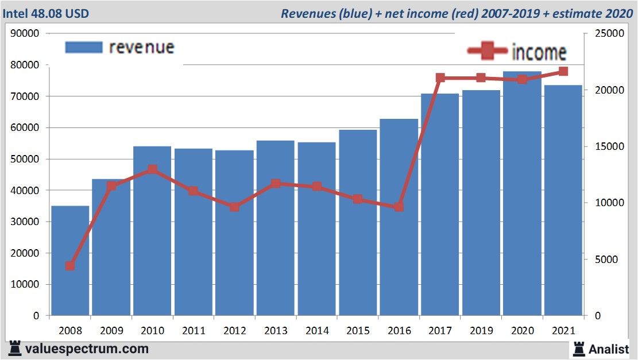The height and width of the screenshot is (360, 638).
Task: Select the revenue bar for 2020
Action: point(522,195)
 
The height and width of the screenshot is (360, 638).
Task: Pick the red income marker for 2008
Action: point(70,266)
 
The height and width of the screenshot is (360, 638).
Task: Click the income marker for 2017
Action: point(440,78)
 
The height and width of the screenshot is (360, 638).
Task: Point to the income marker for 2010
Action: point(152,169)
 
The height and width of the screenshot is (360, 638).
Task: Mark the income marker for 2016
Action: point(399,207)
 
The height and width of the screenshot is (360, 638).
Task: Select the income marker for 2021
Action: point(563,71)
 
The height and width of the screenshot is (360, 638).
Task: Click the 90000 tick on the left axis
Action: point(25,33)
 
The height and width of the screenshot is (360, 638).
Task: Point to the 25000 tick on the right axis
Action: point(604,33)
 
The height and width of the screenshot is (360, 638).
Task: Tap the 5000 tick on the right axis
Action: point(601,260)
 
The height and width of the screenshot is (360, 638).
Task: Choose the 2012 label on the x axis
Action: point(234,331)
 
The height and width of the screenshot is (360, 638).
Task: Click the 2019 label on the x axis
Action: point(481,331)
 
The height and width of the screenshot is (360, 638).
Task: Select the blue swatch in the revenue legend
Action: point(83,47)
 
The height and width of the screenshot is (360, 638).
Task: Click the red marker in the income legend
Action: point(488,52)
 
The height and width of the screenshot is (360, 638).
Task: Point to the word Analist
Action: point(609,349)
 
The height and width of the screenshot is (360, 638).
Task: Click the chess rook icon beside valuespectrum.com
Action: point(15,348)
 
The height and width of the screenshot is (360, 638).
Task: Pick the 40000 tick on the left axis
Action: point(25,190)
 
